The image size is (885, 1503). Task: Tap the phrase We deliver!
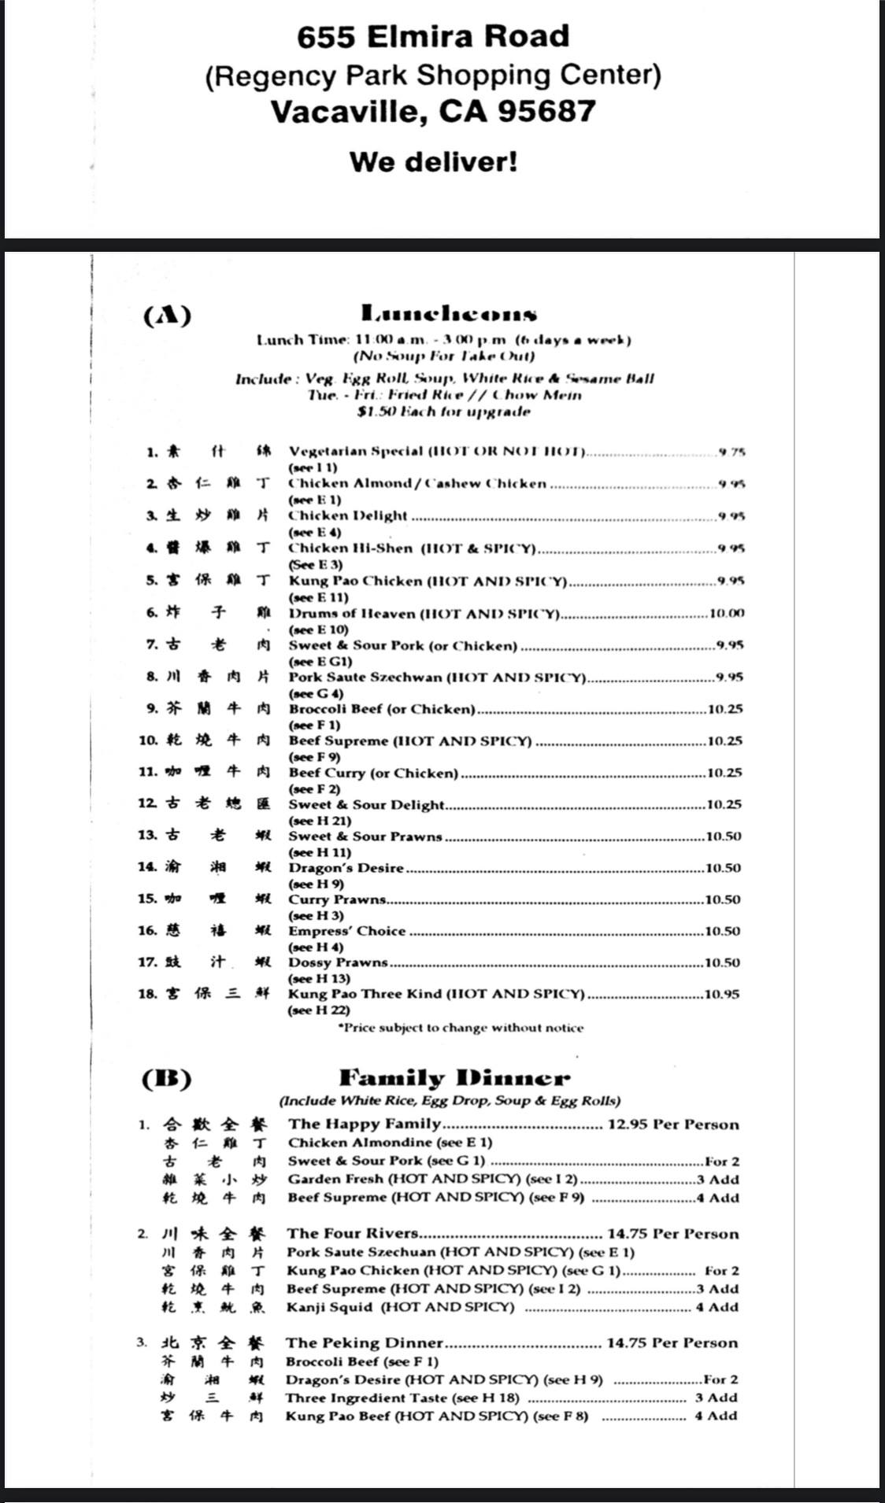pyautogui.click(x=434, y=162)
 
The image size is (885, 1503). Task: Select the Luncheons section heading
pyautogui.click(x=449, y=314)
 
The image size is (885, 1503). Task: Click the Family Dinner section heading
pyautogui.click(x=454, y=1077)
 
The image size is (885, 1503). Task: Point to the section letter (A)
pyautogui.click(x=167, y=316)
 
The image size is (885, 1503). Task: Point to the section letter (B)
pyautogui.click(x=166, y=1079)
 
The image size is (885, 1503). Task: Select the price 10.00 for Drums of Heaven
pyautogui.click(x=727, y=613)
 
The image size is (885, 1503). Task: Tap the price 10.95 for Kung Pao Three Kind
pyautogui.click(x=722, y=994)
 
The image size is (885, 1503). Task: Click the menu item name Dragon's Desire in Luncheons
pyautogui.click(x=346, y=868)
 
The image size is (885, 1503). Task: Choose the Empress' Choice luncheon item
pyautogui.click(x=346, y=931)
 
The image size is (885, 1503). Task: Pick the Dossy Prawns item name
pyautogui.click(x=338, y=962)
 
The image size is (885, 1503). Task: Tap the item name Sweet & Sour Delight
pyautogui.click(x=366, y=804)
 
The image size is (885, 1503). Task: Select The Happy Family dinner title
pyautogui.click(x=364, y=1124)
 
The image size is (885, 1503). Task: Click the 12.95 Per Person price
pyautogui.click(x=673, y=1124)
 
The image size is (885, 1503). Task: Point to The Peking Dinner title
pyautogui.click(x=365, y=1342)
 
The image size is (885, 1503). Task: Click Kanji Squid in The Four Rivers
pyautogui.click(x=329, y=1307)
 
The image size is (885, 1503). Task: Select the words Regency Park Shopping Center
pyautogui.click(x=433, y=76)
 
